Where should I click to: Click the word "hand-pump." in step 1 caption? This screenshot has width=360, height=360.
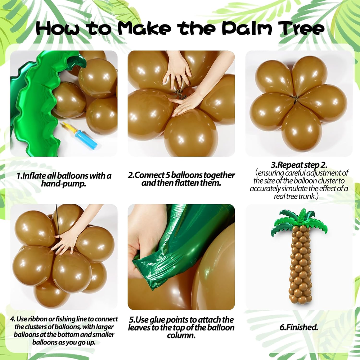tap(64, 184)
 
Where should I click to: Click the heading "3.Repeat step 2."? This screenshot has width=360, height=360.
tap(299, 165)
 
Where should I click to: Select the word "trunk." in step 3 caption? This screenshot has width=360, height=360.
tap(308, 196)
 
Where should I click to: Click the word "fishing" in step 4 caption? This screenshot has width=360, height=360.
tap(68, 319)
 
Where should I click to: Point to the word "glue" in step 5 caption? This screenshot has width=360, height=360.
tap(157, 320)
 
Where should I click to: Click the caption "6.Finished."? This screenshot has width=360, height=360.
tap(299, 327)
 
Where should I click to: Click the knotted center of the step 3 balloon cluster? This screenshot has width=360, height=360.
tap(296, 99)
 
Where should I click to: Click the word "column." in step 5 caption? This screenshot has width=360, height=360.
tap(181, 336)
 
